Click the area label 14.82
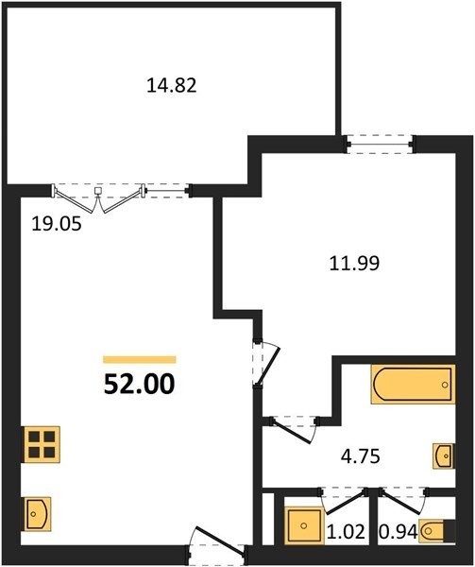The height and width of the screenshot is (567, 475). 172,86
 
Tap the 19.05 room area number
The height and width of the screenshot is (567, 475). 57,224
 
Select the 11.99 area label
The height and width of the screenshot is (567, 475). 354,264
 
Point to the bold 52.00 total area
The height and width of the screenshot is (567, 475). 139,384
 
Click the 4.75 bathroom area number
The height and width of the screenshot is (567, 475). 361,456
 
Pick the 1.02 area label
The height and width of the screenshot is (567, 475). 346,532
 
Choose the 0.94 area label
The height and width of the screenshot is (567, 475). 399,532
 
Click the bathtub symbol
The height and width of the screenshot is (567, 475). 414,384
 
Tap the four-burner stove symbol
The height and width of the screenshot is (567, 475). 42,444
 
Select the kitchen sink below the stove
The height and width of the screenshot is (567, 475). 38,514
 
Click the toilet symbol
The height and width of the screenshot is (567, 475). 436,531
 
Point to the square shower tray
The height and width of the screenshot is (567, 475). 304,525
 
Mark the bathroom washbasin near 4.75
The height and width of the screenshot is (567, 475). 444,455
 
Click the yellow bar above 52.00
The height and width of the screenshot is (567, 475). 140,359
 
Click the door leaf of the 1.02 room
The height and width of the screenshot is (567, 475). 345,503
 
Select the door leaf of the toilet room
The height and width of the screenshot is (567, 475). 401,503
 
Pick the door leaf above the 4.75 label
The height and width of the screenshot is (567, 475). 292,431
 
